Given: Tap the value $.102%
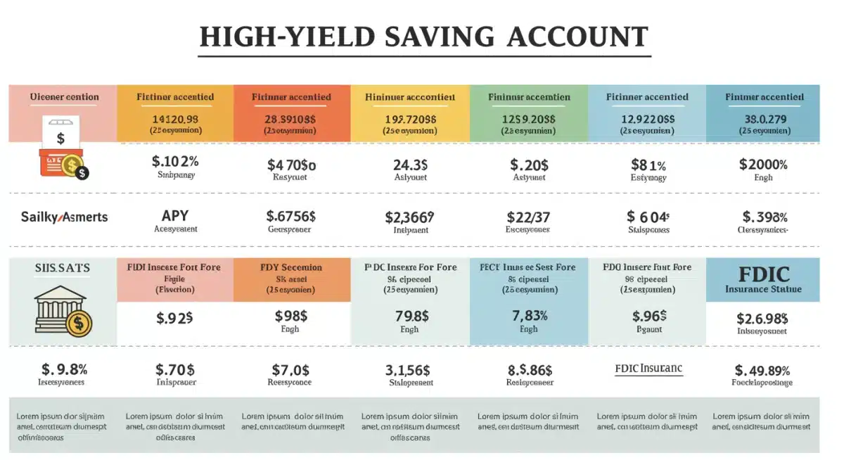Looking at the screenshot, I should click(x=175, y=162).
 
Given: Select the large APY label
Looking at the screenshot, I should click(x=175, y=215).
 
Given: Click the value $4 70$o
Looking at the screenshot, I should click(x=291, y=165).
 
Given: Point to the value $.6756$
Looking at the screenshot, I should click(x=291, y=216).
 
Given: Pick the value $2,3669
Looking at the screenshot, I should click(x=410, y=217).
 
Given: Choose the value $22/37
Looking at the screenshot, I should click(x=528, y=217).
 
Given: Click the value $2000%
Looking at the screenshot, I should click(x=763, y=165).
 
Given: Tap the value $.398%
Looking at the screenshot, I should click(x=765, y=217).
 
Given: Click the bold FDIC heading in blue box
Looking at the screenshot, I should click(x=763, y=274).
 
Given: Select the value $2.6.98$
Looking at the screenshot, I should click(x=762, y=319).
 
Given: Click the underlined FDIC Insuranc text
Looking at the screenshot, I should click(x=648, y=369).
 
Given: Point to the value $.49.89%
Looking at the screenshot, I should click(x=762, y=370).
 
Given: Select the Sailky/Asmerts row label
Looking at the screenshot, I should click(x=64, y=217).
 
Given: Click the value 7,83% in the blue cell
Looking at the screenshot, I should click(x=528, y=316).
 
